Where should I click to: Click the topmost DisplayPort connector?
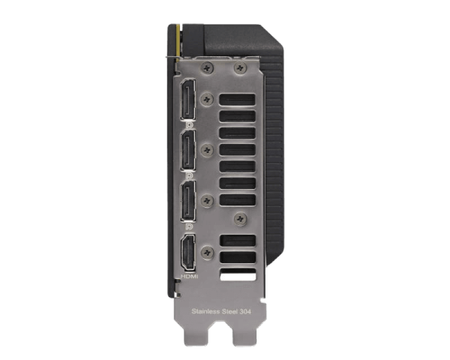pos(187,99)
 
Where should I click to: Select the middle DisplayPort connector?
pos(188,151)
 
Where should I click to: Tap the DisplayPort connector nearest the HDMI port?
pos(188,201)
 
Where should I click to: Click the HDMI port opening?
pos(188,253)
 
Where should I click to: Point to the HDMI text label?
pos(189,277)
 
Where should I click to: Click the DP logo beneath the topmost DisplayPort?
pos(190,125)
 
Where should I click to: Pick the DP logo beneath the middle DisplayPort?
pos(190,175)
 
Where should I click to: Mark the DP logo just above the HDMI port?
pos(190,226)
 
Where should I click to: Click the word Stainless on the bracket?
pos(205,311)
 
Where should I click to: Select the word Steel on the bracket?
pos(230,311)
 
